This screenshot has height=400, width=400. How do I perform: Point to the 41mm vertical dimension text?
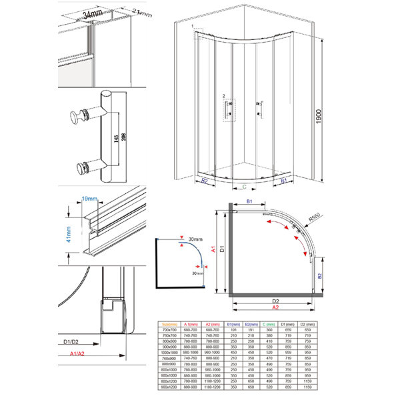click(x=69, y=235)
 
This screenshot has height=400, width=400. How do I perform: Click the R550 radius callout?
click(x=315, y=217)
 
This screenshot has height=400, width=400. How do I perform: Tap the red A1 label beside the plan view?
click(x=213, y=251)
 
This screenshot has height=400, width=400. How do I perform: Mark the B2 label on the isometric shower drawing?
click(x=205, y=181)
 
